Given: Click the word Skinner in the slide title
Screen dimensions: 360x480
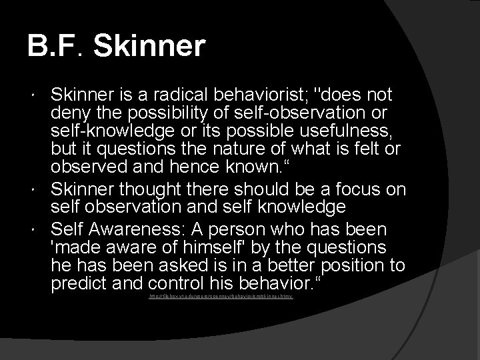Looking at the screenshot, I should click(x=150, y=47).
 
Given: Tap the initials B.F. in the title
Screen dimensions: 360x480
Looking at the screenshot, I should click(x=57, y=47).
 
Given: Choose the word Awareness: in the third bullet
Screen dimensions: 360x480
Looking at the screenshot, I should click(x=140, y=229).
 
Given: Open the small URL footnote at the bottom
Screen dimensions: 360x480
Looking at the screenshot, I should click(x=221, y=295).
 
